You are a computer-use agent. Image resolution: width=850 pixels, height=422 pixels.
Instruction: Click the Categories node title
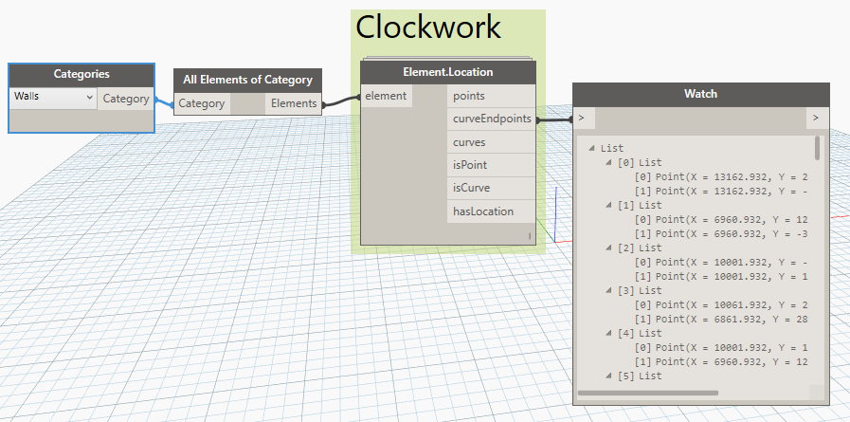[81, 74]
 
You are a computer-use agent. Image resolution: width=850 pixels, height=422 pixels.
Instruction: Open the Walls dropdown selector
[53, 98]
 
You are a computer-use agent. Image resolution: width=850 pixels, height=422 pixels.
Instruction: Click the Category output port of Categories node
[126, 99]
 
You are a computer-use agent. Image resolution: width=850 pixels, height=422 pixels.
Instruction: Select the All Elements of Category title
[247, 80]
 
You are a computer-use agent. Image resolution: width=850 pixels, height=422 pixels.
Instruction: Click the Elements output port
[293, 103]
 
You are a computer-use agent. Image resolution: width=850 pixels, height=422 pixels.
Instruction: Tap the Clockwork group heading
[427, 27]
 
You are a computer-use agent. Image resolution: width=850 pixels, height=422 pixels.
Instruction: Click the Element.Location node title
[448, 72]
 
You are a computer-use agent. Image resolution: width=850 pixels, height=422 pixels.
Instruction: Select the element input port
[386, 96]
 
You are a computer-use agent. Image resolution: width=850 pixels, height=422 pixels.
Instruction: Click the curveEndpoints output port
[491, 119]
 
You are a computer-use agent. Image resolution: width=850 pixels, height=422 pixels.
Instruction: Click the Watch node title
[700, 94]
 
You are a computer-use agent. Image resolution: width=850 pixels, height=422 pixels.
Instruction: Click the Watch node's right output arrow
[817, 118]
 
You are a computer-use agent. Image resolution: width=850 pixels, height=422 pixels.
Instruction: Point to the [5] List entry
[639, 376]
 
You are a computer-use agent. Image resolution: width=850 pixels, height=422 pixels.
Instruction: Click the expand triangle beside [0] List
[608, 162]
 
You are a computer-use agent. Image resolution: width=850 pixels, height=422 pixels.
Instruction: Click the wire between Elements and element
[341, 101]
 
